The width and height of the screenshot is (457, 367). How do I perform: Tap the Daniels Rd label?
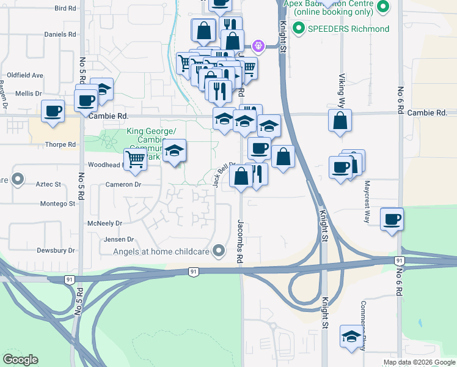(x=59, y=34)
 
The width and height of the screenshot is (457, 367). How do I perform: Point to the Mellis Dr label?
(x=28, y=94)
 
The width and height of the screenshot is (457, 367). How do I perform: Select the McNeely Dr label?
(x=104, y=224)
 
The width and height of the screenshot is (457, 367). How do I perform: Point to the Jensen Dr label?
(x=118, y=239)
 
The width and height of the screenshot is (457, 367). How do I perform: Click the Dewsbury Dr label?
(x=55, y=250)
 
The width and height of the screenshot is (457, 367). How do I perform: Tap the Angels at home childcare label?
(x=165, y=250)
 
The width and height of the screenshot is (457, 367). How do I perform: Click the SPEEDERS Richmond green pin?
(x=299, y=28)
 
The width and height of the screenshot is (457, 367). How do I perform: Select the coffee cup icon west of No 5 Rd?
(x=53, y=112)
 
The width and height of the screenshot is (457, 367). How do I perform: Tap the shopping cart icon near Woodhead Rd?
(x=136, y=160)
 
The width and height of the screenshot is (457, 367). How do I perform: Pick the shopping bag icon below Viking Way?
(x=340, y=120)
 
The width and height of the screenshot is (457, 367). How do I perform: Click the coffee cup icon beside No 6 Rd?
(x=392, y=218)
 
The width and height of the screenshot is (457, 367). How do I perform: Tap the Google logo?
(x=20, y=360)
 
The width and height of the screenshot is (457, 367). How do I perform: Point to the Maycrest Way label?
(x=367, y=200)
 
